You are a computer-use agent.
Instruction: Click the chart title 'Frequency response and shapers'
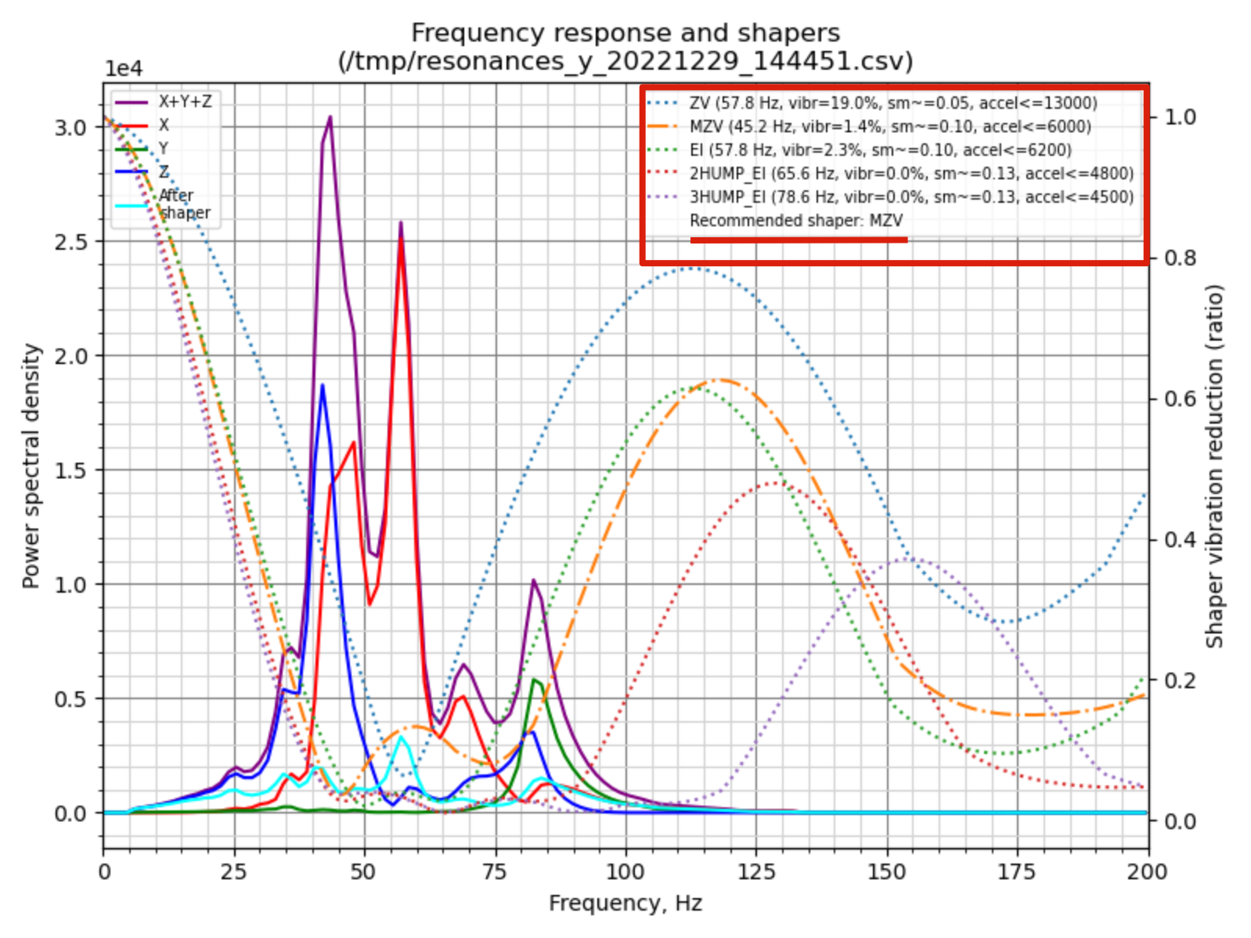pyautogui.click(x=625, y=33)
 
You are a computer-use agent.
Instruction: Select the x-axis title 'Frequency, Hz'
pyautogui.click(x=625, y=903)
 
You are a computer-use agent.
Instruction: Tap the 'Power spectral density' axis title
pyautogui.click(x=31, y=466)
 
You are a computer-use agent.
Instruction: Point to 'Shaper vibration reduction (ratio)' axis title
pyautogui.click(x=1214, y=466)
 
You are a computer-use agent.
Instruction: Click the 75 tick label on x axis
pyautogui.click(x=495, y=871)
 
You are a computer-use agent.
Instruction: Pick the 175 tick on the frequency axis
pyautogui.click(x=1017, y=871)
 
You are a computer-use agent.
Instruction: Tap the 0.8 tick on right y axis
pyautogui.click(x=1181, y=258)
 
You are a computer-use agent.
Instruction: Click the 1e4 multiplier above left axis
pyautogui.click(x=124, y=69)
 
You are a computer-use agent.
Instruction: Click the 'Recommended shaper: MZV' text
pyautogui.click(x=795, y=221)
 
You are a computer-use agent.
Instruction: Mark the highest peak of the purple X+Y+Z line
pyautogui.click(x=330, y=117)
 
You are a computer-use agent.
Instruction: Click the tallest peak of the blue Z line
pyautogui.click(x=322, y=385)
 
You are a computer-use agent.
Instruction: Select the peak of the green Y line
pyautogui.click(x=535, y=680)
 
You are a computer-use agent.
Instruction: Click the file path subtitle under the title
pyautogui.click(x=625, y=61)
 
